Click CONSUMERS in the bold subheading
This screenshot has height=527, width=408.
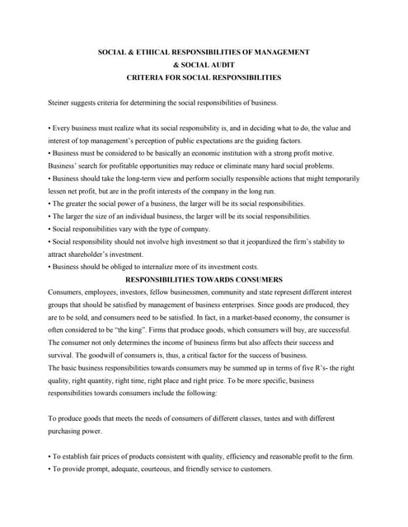(x=255, y=279)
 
